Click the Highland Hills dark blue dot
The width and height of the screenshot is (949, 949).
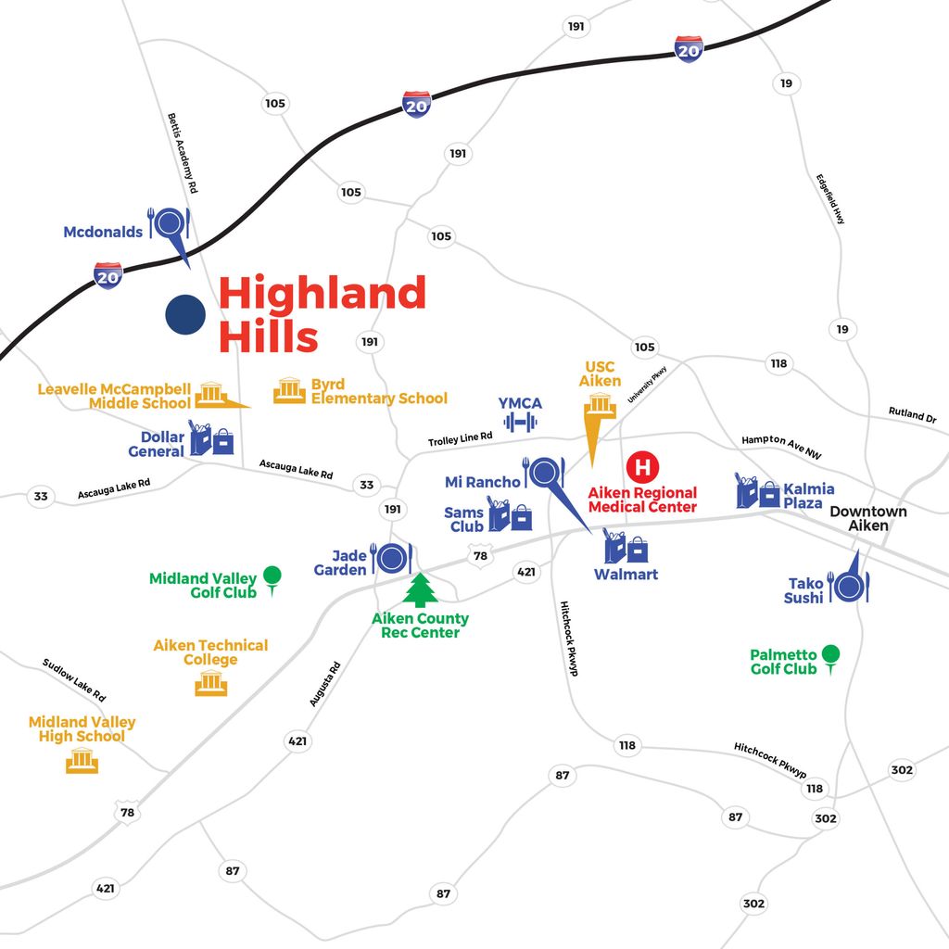(185, 315)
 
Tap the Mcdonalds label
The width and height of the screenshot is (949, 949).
(103, 232)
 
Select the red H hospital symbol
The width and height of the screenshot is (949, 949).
(643, 467)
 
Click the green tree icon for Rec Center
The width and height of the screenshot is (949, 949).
(420, 590)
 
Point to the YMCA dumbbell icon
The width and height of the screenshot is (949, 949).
(520, 422)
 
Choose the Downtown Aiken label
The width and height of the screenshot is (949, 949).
(867, 519)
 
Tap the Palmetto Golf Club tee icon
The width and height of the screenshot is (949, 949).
(831, 659)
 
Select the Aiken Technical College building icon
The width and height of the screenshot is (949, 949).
(211, 683)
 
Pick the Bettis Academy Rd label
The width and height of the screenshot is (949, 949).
(183, 153)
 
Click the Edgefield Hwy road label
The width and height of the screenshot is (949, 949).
(829, 199)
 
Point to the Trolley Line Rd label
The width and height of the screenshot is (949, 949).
(460, 438)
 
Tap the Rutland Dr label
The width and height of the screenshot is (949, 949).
(912, 414)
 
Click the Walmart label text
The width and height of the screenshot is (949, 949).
(626, 575)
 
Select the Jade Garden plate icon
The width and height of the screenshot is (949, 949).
(392, 557)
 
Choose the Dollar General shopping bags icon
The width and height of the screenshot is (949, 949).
(210, 438)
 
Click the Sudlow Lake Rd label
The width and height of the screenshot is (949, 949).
(74, 680)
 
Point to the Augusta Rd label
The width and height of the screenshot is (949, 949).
(325, 684)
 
